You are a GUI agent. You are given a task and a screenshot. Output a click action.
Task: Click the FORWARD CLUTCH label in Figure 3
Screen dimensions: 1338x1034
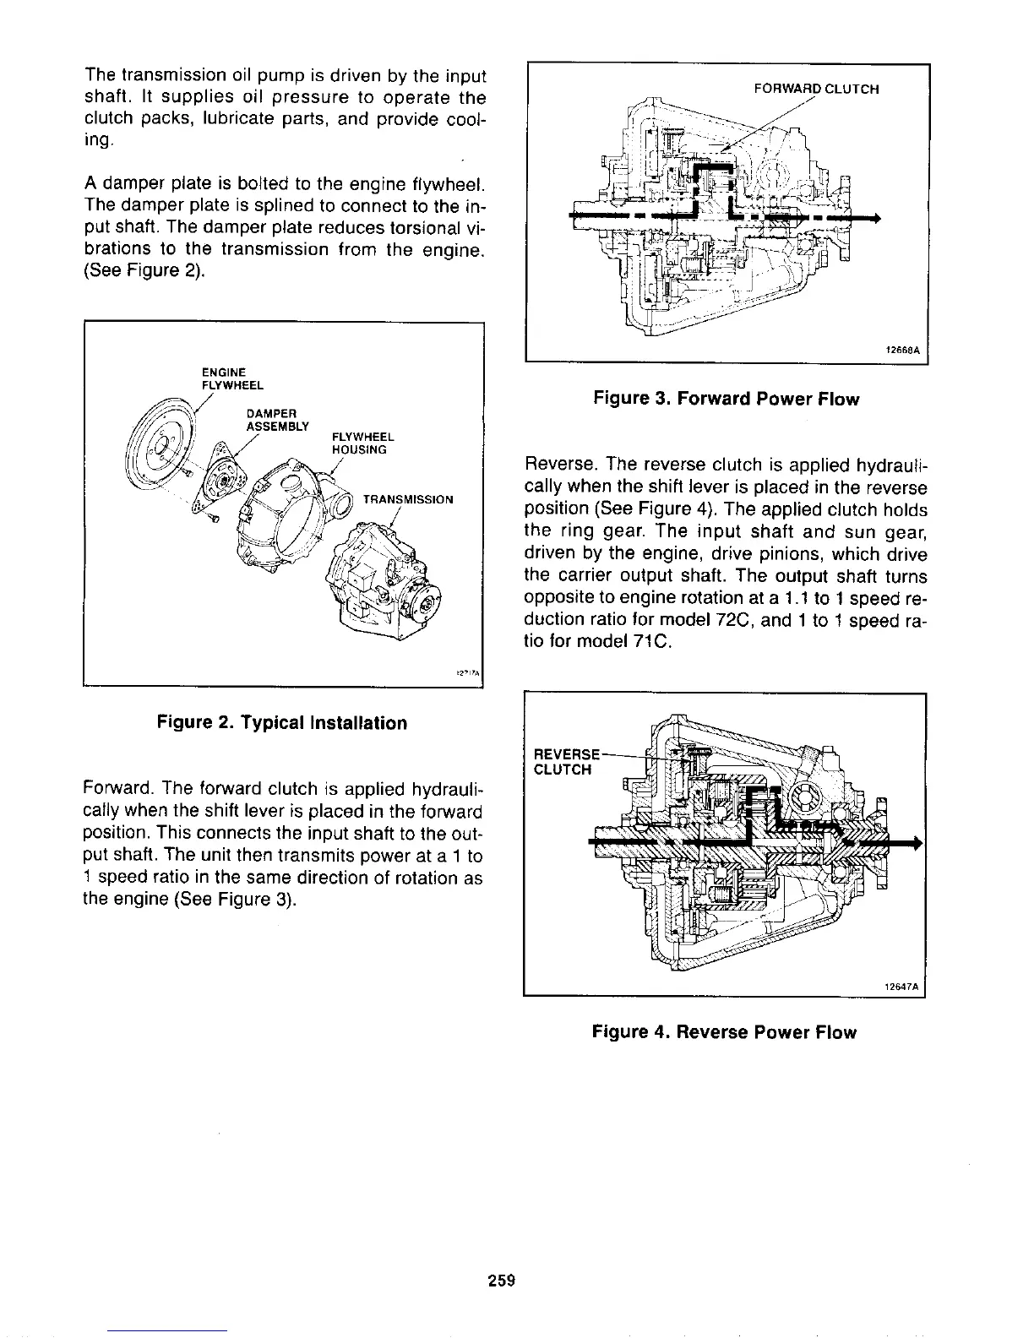pyautogui.click(x=815, y=89)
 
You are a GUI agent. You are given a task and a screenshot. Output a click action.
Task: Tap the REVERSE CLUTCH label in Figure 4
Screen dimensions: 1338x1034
pyautogui.click(x=565, y=761)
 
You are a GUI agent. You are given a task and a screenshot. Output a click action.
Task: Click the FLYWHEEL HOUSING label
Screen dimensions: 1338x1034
pyautogui.click(x=360, y=443)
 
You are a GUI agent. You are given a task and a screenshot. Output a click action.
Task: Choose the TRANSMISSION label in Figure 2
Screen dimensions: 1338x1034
pyautogui.click(x=407, y=499)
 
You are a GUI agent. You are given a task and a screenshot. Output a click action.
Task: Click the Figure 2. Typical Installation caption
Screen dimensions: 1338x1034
pyautogui.click(x=281, y=723)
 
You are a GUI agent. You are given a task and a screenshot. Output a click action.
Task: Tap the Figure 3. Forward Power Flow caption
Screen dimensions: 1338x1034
pyautogui.click(x=726, y=399)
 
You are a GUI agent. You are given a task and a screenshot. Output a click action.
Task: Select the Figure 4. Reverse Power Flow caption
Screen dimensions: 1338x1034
pyautogui.click(x=724, y=1032)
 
